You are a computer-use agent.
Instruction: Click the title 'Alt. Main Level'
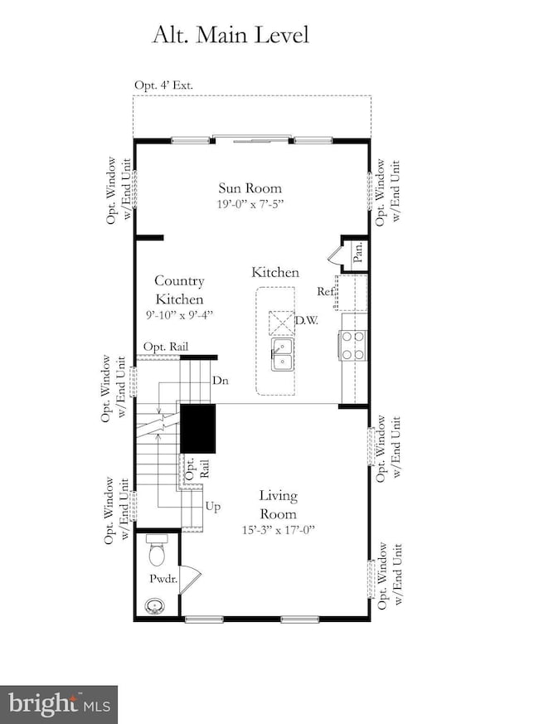pyautogui.click(x=230, y=35)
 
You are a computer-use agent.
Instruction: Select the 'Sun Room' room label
pyautogui.click(x=250, y=187)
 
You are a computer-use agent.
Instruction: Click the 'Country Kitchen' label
pyautogui.click(x=178, y=290)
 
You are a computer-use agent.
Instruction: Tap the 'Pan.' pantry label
pyautogui.click(x=357, y=251)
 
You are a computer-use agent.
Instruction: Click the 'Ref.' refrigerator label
pyautogui.click(x=326, y=291)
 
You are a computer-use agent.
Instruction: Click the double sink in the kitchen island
pyautogui.click(x=282, y=352)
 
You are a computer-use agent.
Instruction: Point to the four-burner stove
pyautogui.click(x=353, y=344)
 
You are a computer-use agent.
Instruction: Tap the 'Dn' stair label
pyautogui.click(x=221, y=381)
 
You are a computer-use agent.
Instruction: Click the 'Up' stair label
pyautogui.click(x=213, y=505)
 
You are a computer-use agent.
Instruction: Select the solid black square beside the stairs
pyautogui.click(x=198, y=428)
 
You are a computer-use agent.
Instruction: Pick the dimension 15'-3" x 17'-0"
pyautogui.click(x=276, y=529)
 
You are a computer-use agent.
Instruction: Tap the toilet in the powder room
pyautogui.click(x=156, y=552)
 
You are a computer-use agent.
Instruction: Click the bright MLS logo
pyautogui.click(x=59, y=704)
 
